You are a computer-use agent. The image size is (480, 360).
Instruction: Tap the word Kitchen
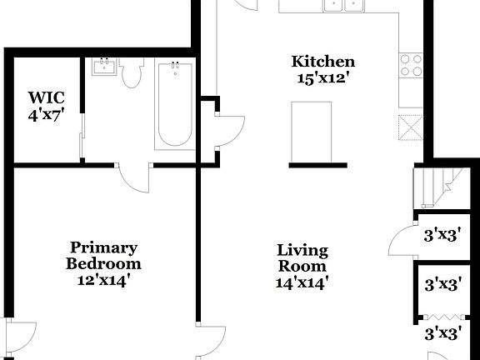(x=322, y=62)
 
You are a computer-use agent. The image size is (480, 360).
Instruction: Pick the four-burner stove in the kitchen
(x=411, y=65)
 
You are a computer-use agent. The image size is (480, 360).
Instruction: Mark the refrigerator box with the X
(x=411, y=124)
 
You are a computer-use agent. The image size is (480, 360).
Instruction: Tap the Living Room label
(x=302, y=258)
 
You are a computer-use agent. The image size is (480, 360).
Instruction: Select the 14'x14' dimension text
(x=302, y=282)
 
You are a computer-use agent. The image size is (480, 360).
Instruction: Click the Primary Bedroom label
(x=103, y=256)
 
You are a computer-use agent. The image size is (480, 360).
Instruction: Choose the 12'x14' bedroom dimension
(x=103, y=280)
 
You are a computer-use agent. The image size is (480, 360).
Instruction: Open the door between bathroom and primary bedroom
(x=133, y=176)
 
